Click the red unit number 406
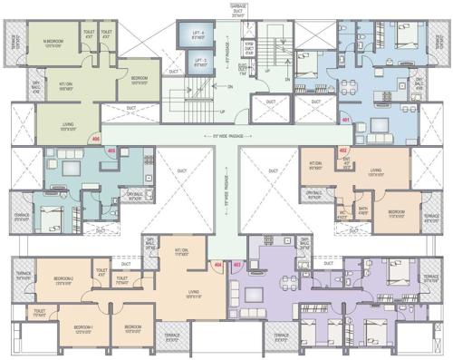point(96,139)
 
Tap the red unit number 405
point(111,150)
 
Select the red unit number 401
point(345,119)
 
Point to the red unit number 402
point(342,150)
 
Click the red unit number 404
point(217,265)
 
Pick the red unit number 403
point(236,265)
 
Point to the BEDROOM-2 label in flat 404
point(63,279)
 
